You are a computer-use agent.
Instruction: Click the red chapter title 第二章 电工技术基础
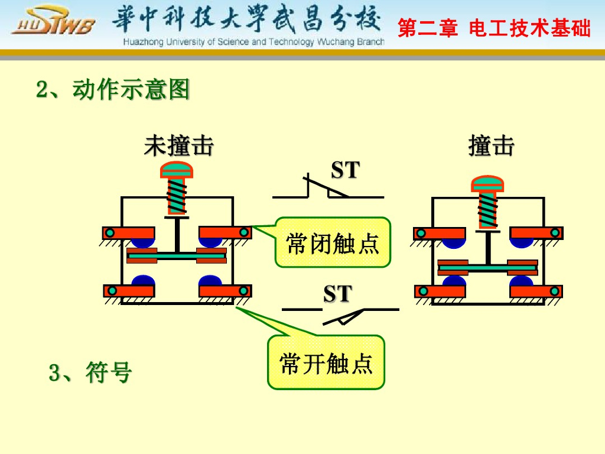coord(494,28)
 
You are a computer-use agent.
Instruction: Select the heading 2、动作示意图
coord(113,90)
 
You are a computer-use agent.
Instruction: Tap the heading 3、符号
coord(90,373)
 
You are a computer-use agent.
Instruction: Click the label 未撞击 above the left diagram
coord(178,146)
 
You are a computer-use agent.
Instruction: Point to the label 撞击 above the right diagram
coord(491,146)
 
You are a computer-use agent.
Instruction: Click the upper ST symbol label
coord(345,171)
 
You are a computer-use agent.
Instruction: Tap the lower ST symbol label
coord(337,294)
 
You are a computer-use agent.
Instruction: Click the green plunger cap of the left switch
coord(177,170)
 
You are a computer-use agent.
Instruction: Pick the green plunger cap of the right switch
coord(487,184)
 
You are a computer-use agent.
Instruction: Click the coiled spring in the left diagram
coord(177,196)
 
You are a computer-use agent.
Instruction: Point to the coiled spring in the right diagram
coord(487,210)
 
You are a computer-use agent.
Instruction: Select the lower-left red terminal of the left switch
coord(129,291)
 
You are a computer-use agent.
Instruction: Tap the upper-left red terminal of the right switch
coord(440,234)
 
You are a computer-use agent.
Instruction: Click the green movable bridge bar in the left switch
coord(177,255)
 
